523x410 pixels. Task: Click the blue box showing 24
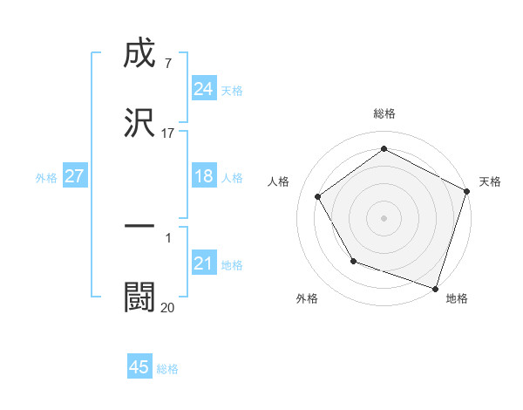[x=203, y=89]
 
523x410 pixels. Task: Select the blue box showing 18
[x=203, y=176]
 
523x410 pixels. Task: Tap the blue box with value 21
[x=203, y=263]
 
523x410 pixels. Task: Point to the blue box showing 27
[x=74, y=176]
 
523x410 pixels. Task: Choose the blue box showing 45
[x=139, y=367]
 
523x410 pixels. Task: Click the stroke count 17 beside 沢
[x=168, y=133]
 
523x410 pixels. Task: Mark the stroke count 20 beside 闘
[x=167, y=306]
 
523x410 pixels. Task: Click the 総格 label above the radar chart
[x=384, y=113]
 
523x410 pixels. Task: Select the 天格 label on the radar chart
[x=490, y=181]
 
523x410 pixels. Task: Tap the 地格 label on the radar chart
[x=457, y=298]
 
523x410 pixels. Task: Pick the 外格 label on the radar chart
[x=307, y=298]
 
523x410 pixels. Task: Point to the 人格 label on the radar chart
[x=279, y=181]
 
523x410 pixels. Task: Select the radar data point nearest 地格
[x=435, y=288]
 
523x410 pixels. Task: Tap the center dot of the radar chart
[x=384, y=217]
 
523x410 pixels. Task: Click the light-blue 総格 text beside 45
[x=167, y=369]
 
